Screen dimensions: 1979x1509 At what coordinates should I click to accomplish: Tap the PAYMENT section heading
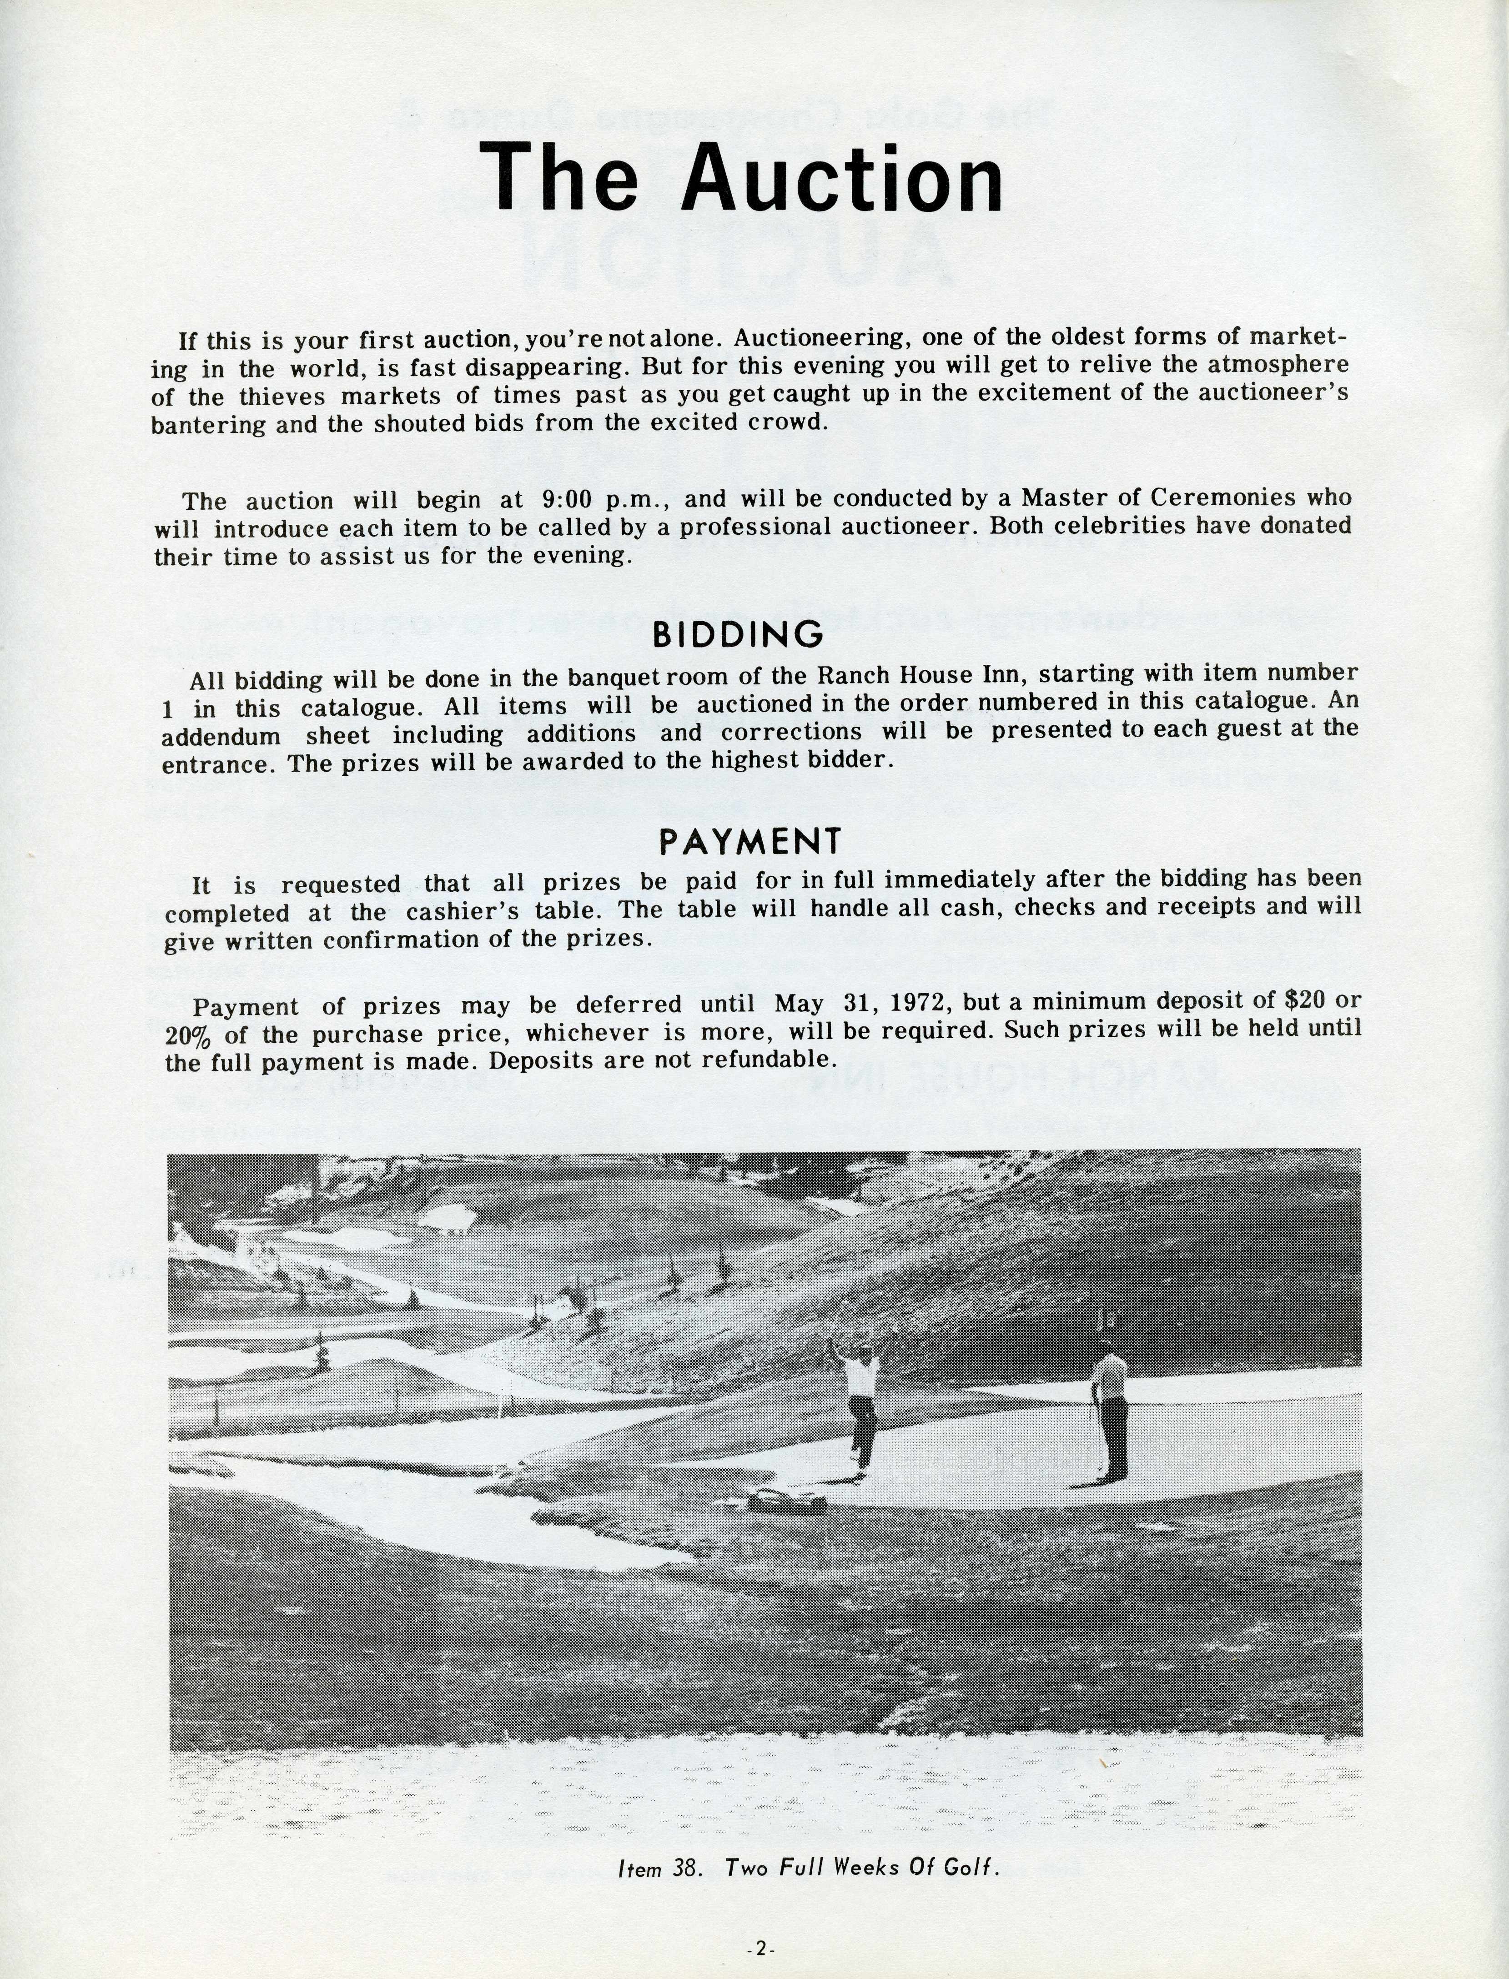click(750, 841)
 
